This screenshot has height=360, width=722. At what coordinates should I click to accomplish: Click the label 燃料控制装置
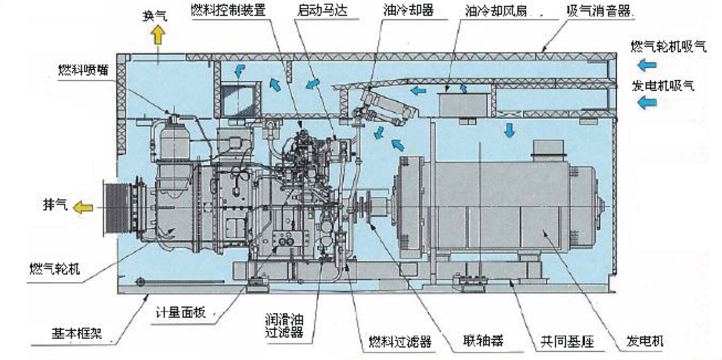pyautogui.click(x=229, y=11)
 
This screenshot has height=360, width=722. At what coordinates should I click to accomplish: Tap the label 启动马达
pyautogui.click(x=322, y=11)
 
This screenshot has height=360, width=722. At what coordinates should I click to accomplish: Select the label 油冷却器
pyautogui.click(x=408, y=11)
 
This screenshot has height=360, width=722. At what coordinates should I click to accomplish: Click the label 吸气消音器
pyautogui.click(x=600, y=11)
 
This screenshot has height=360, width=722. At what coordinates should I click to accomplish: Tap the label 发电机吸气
pyautogui.click(x=663, y=86)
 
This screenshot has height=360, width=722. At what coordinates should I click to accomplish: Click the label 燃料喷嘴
pyautogui.click(x=82, y=70)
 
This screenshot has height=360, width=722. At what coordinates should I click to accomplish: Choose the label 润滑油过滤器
pyautogui.click(x=283, y=325)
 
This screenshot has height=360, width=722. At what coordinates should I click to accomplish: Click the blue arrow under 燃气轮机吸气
pyautogui.click(x=647, y=65)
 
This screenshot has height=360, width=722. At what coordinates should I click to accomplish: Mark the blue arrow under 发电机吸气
pyautogui.click(x=647, y=102)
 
